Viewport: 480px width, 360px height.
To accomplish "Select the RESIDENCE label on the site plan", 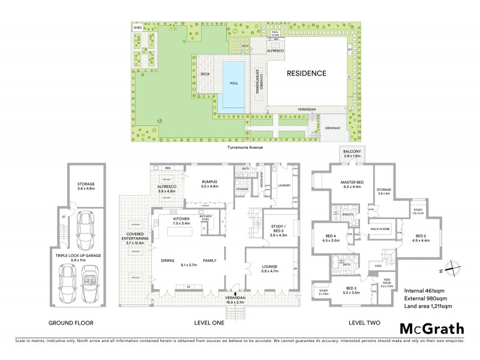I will click(x=305, y=74).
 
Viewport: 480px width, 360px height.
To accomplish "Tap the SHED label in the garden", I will click(x=137, y=28).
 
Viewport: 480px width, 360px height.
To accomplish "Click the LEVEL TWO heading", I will click(x=365, y=323).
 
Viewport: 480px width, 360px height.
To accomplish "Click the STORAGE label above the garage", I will click(x=86, y=184).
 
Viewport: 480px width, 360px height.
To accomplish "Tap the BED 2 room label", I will click(x=419, y=236).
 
